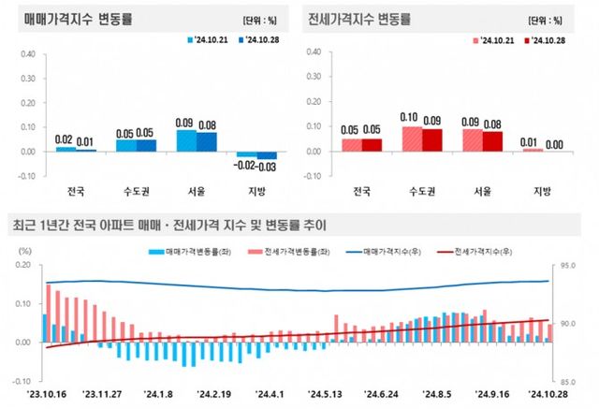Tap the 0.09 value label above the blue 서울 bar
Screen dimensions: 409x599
(185, 122)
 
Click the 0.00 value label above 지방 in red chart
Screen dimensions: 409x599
(554, 144)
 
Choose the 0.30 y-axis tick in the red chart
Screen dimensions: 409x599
(314, 78)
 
